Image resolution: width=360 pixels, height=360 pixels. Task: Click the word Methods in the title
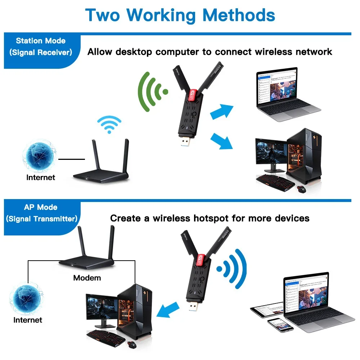click(x=239, y=15)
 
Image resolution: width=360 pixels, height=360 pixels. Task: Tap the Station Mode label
click(x=40, y=41)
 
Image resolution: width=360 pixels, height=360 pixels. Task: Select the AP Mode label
click(x=40, y=207)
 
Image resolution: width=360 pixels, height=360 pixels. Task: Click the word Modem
click(x=87, y=278)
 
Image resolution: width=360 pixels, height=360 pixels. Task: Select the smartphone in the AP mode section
click(x=280, y=325)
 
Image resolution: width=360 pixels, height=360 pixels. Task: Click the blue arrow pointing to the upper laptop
click(x=221, y=112)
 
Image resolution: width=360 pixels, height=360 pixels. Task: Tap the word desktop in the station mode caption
click(x=134, y=52)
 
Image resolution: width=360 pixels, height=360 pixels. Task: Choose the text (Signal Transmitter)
click(x=42, y=219)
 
